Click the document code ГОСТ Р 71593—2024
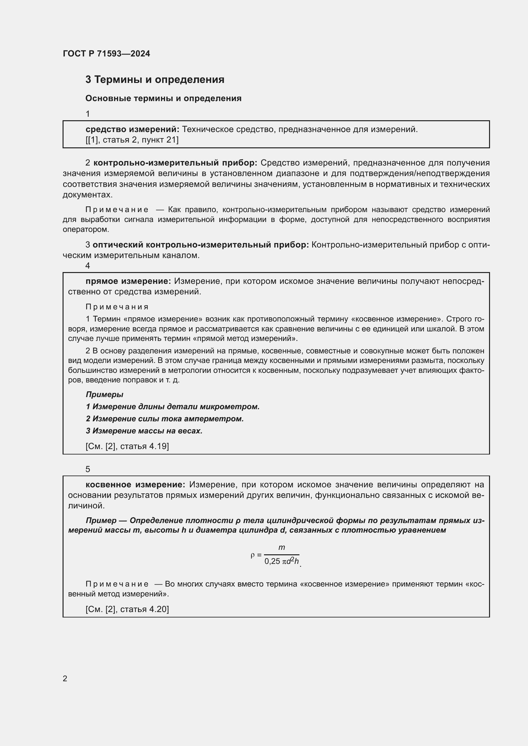point(106,54)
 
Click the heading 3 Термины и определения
point(155,80)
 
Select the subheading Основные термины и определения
point(163,99)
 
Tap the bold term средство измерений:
point(132,129)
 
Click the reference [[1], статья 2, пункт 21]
point(132,140)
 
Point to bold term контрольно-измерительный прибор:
point(175,162)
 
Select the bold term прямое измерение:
point(128,281)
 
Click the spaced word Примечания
point(117,307)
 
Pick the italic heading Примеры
point(104,395)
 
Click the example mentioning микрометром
point(173,406)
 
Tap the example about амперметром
point(165,418)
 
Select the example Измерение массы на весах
point(144,431)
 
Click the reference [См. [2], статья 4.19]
point(127,446)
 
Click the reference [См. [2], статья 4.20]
point(127,609)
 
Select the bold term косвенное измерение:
point(135,484)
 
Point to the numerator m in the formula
point(282,548)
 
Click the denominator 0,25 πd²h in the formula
point(281,561)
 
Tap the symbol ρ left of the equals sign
point(253,555)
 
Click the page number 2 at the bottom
point(65,678)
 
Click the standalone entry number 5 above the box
point(88,469)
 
